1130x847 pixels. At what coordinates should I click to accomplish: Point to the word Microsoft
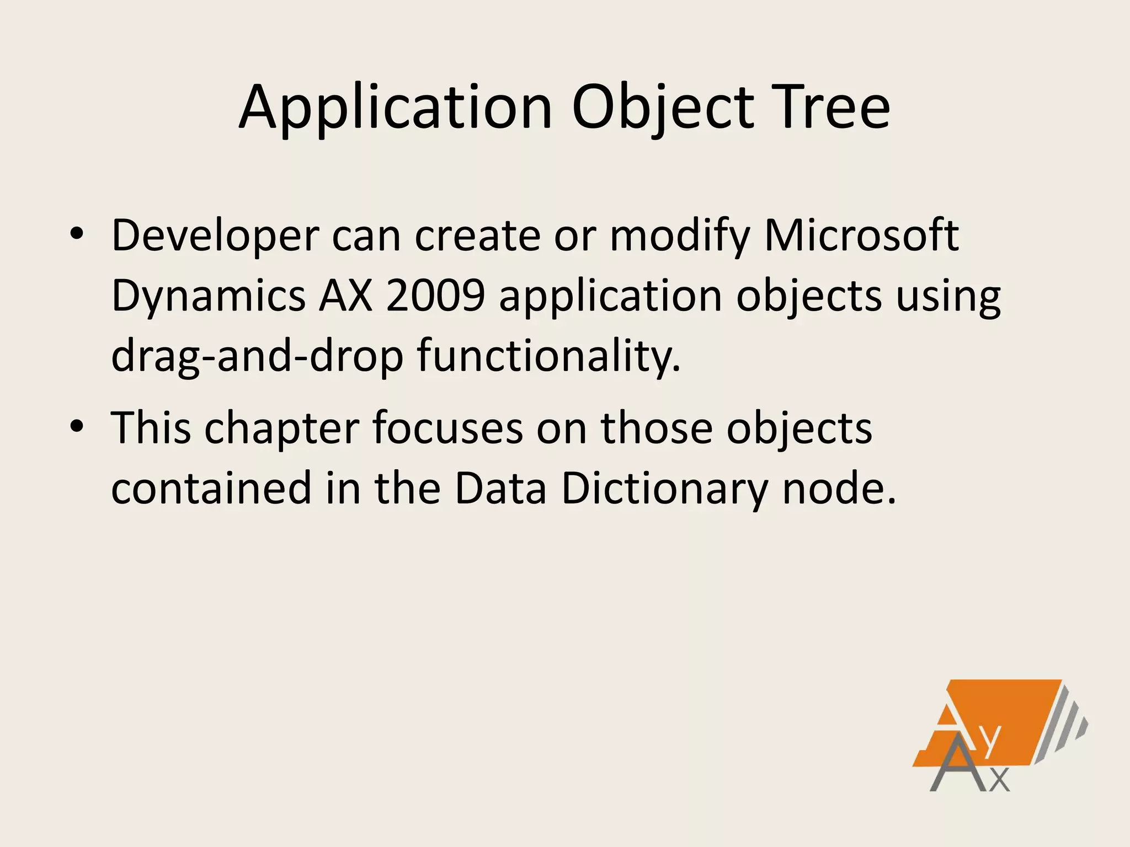861,236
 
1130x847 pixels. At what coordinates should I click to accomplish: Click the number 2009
435,296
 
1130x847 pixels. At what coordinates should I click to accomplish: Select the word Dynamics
208,296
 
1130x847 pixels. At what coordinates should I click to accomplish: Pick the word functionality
548,356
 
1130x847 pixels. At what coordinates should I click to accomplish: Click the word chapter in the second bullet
282,428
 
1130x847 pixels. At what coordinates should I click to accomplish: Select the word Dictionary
664,489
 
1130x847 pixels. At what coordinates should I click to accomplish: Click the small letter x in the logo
1000,780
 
